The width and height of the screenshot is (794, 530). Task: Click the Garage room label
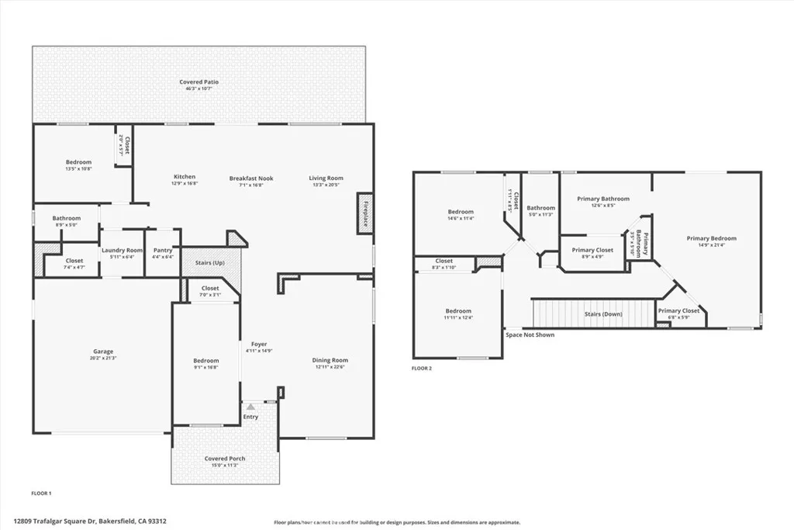point(103,352)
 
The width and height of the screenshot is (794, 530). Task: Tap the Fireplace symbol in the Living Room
point(365,213)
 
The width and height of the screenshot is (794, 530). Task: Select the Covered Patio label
point(198,81)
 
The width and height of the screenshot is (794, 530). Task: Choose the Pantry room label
point(163,250)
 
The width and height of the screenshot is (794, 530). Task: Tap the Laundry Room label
point(123,250)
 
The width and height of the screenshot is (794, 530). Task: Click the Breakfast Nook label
point(251,178)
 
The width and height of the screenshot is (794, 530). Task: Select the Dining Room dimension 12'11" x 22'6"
point(330,367)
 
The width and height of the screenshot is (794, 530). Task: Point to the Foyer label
point(258,344)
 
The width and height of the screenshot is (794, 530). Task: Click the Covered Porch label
point(225,459)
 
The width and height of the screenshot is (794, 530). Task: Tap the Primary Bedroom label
point(711,238)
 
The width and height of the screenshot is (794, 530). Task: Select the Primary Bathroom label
point(603,199)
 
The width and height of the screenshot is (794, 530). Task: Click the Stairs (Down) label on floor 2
point(602,314)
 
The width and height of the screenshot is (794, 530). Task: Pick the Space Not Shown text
point(530,335)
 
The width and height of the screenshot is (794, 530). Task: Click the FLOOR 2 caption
point(422,368)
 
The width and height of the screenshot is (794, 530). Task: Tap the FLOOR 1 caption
point(40,493)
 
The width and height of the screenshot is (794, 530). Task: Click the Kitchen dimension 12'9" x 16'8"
point(185,184)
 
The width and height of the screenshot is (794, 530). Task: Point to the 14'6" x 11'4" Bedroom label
point(460,219)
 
